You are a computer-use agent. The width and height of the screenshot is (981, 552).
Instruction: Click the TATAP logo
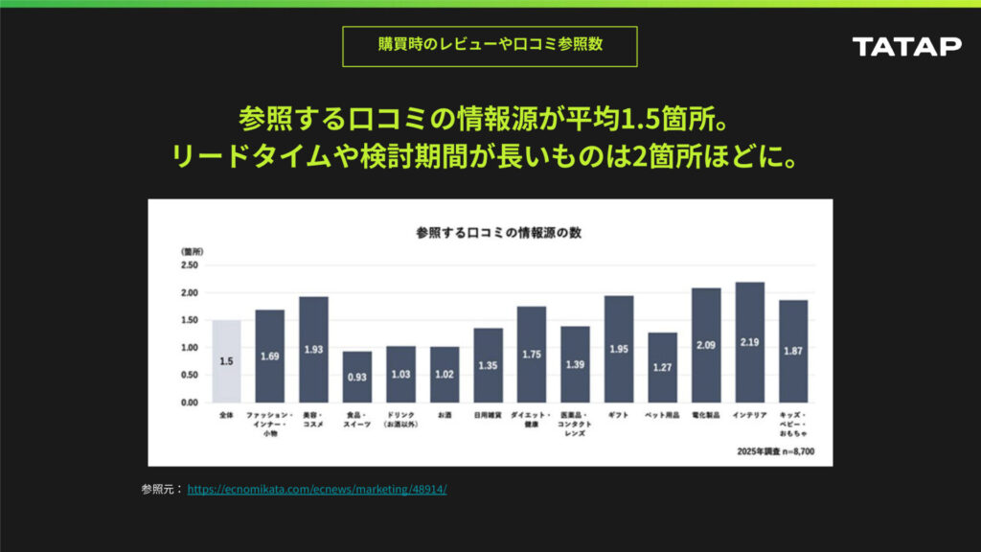[x=906, y=47]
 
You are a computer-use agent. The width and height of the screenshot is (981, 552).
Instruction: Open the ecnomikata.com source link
[x=317, y=490]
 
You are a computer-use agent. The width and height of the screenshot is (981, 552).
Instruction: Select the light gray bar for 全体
[x=226, y=361]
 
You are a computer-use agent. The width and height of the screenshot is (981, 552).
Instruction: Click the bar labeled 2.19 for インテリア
[x=749, y=342]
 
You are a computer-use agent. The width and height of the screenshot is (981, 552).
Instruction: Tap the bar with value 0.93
[x=357, y=377]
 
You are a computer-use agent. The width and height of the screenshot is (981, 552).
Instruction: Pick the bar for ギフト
[x=618, y=349]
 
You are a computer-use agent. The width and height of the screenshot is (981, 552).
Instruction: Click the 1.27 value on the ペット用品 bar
[x=662, y=366]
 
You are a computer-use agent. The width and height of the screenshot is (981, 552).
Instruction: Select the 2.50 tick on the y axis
[x=189, y=265]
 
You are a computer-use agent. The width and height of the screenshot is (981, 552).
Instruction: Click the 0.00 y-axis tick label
[x=189, y=402]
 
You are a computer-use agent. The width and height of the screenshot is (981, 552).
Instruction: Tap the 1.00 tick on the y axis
[x=189, y=348]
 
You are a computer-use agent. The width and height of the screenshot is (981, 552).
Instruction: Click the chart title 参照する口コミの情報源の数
[x=490, y=232]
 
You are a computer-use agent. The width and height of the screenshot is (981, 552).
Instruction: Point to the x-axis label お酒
[x=445, y=415]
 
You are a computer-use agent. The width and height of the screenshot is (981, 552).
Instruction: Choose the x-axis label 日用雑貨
[x=488, y=415]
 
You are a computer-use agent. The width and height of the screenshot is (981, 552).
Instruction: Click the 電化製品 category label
[x=706, y=415]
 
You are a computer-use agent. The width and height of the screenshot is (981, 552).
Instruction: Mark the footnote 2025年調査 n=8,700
[x=775, y=449]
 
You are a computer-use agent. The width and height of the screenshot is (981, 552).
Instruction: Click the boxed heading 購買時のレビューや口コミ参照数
[x=490, y=45]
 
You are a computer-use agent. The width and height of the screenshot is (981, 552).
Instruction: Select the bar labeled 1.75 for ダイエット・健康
[x=531, y=355]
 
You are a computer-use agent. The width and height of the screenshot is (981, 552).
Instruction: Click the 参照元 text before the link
[x=160, y=490]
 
